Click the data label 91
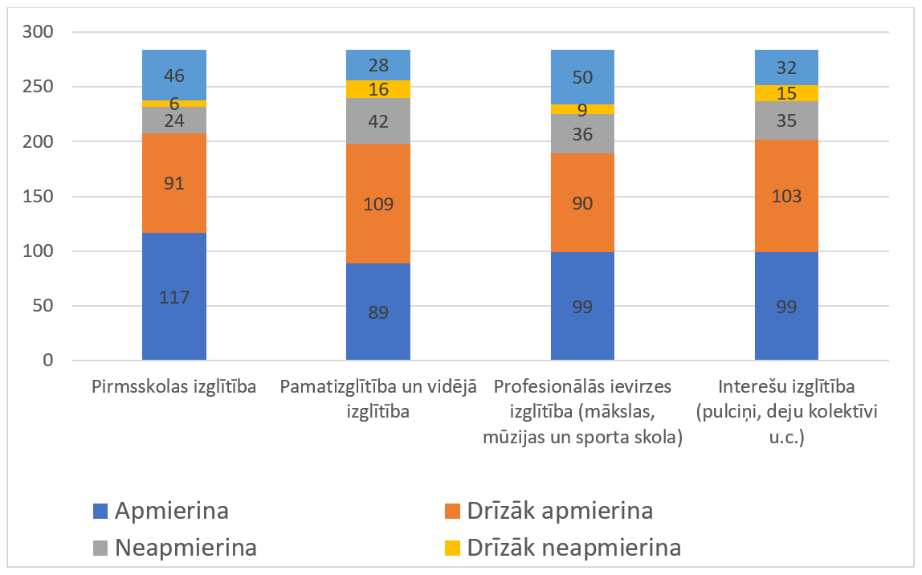pos(174,183)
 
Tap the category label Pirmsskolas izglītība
pos(174,387)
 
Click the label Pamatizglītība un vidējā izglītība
pos(378,399)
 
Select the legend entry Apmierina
pos(172,511)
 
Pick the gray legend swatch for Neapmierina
pos(100,548)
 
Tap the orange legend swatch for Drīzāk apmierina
pos(451,511)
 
